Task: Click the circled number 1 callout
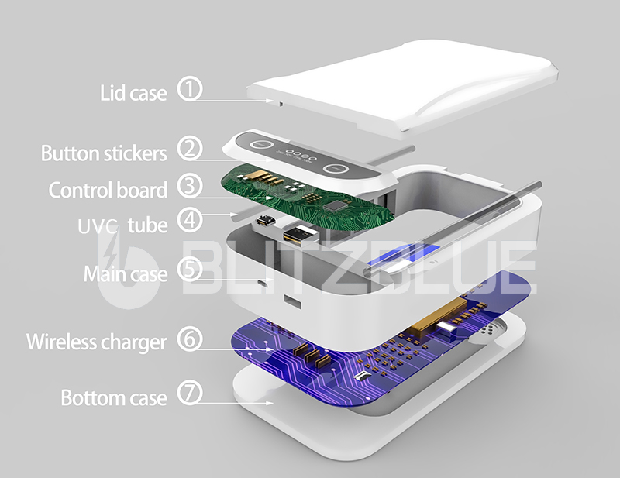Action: (190, 89)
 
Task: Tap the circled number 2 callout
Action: (190, 149)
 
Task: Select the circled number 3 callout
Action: (190, 186)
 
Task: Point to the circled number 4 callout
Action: (190, 219)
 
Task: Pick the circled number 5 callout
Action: (190, 269)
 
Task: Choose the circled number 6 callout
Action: (190, 339)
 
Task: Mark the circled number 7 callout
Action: (190, 393)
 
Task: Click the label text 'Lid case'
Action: (133, 93)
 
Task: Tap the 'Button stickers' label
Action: (104, 153)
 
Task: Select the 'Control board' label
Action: (108, 190)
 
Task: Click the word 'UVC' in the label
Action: (98, 226)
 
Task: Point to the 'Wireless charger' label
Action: (96, 342)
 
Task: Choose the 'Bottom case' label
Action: (114, 397)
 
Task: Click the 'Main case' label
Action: (126, 274)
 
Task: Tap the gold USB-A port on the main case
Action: (301, 235)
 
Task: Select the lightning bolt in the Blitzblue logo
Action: (112, 248)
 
